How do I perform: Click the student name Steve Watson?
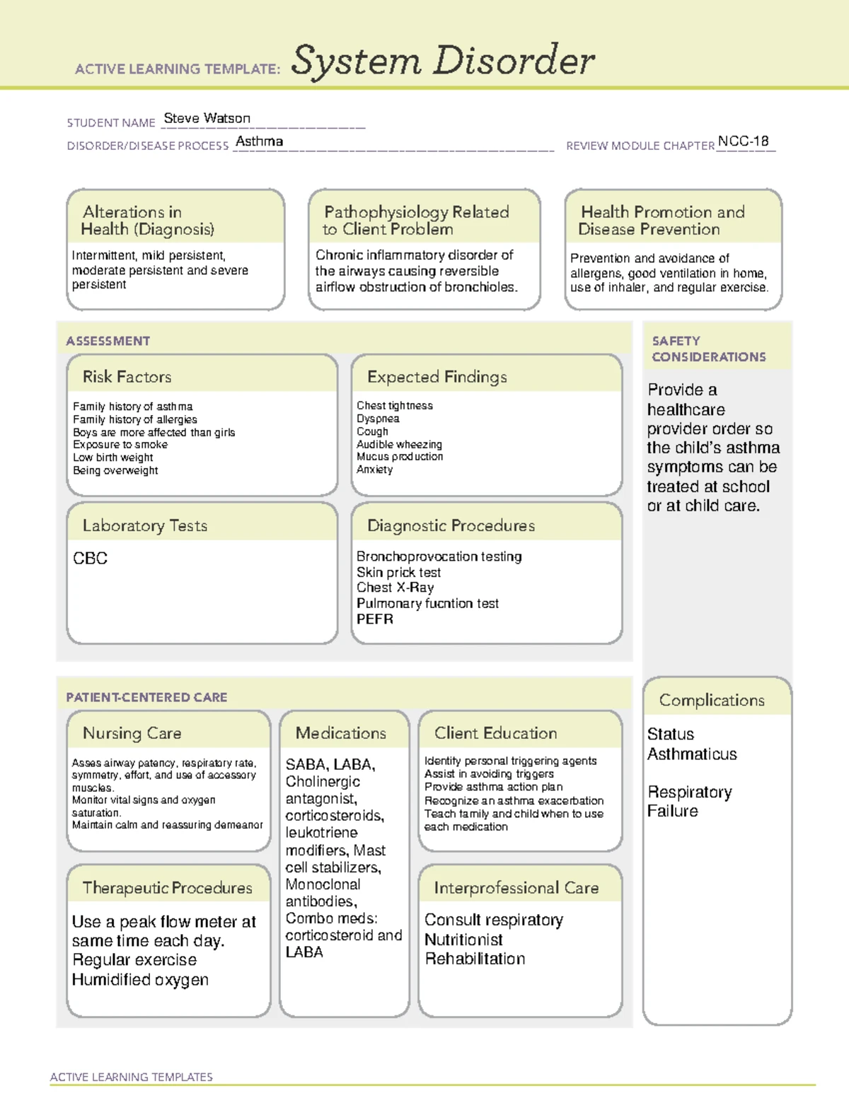(207, 118)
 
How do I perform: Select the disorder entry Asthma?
(259, 141)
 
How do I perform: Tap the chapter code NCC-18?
(743, 141)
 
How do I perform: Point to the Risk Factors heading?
(127, 377)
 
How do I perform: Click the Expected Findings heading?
(437, 377)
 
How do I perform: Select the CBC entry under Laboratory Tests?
(90, 558)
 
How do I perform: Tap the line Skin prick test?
(398, 572)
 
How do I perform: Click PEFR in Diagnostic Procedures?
(374, 619)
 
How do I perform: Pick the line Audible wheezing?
(399, 444)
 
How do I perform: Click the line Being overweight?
(115, 470)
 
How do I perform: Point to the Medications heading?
(340, 733)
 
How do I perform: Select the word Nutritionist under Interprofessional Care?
(463, 940)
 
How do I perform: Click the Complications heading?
(711, 700)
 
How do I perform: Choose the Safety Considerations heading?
(708, 349)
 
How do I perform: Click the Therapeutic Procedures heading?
(167, 887)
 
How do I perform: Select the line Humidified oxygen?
(140, 979)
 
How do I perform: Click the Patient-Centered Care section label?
(146, 697)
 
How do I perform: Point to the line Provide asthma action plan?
(493, 787)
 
